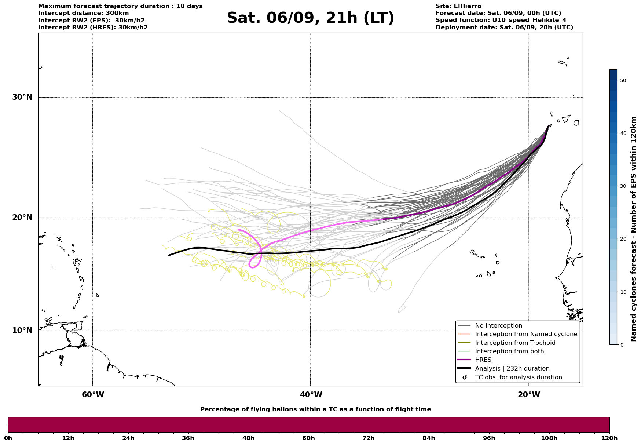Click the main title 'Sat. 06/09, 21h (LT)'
point(310,18)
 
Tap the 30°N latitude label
point(22,97)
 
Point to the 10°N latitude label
point(22,331)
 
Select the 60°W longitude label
point(93,395)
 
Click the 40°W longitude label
point(311,395)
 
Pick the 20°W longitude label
point(529,395)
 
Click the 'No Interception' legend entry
point(498,326)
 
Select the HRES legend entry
point(483,360)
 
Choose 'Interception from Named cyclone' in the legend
point(526,334)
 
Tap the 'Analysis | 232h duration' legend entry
point(512,369)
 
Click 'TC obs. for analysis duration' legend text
point(518,377)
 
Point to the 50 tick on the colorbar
point(623,80)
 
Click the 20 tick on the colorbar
point(623,239)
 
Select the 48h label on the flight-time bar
point(248,438)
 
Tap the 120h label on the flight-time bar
point(609,438)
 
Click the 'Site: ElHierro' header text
point(458,6)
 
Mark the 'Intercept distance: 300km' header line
point(84,13)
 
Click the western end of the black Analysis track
point(169,255)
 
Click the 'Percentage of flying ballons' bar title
point(315,409)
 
